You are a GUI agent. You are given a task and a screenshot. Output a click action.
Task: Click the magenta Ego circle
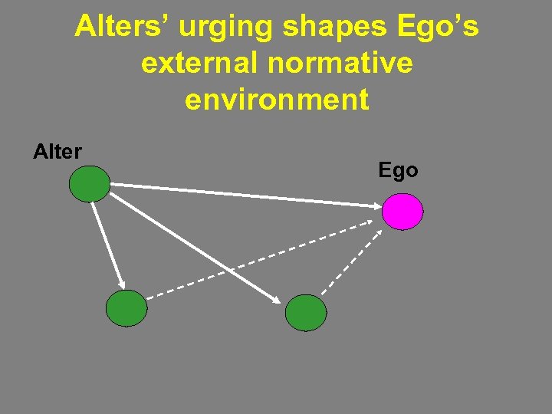click(402, 211)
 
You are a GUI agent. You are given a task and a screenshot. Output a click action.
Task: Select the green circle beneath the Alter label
click(90, 185)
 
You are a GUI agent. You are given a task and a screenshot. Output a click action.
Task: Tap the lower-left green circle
click(126, 308)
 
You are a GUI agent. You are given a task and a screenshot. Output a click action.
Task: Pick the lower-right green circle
click(306, 313)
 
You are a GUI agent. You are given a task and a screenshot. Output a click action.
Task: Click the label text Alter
click(58, 152)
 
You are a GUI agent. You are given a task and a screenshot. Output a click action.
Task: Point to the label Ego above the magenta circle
click(398, 170)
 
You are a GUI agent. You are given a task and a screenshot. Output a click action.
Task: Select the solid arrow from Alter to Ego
click(245, 194)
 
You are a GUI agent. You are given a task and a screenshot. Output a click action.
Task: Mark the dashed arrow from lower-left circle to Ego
click(261, 258)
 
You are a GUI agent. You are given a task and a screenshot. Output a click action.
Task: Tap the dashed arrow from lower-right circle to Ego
click(351, 260)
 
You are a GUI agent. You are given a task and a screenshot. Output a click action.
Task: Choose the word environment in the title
click(276, 100)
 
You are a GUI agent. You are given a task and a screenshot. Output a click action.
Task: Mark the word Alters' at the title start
click(124, 28)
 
